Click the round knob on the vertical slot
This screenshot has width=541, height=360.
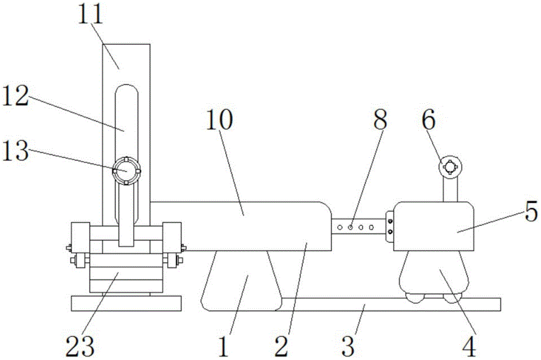click(126, 170)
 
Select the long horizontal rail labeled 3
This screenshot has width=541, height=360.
click(390, 304)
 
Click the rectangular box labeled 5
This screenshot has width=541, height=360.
click(433, 226)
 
